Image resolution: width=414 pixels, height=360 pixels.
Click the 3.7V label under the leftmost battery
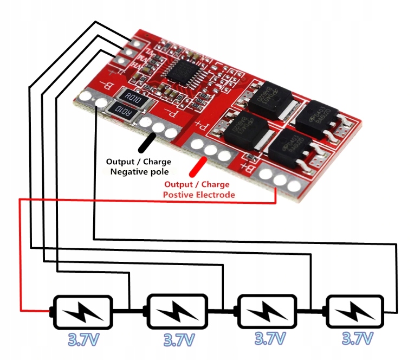pos(82,340)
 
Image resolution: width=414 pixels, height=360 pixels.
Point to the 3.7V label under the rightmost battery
pos(357,339)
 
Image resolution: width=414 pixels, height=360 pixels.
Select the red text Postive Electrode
pos(199,194)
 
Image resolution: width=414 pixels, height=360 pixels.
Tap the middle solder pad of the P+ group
pos(211,150)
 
